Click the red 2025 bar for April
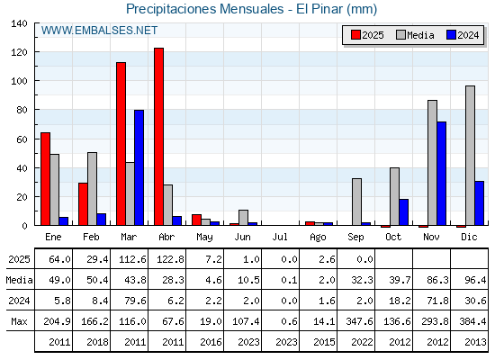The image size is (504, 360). point(158,137)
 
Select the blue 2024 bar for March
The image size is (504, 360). point(139,167)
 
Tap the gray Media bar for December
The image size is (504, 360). point(470,156)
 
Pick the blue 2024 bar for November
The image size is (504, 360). point(441,174)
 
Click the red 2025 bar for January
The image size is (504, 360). point(45,179)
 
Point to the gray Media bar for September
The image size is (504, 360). point(356,202)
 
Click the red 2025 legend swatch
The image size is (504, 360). point(355,35)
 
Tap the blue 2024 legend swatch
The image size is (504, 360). point(451,35)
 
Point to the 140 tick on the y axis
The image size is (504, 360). point(19,23)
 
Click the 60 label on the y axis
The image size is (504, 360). point(22,139)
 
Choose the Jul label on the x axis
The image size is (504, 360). point(280,237)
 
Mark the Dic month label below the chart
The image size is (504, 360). point(469,237)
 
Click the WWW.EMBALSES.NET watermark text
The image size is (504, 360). point(99,31)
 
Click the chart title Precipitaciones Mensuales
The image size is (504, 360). point(205,9)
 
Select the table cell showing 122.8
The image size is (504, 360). point(170,259)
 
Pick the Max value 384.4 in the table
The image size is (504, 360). point(472,321)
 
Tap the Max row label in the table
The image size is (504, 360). point(19,321)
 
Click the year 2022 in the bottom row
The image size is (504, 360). point(362,342)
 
